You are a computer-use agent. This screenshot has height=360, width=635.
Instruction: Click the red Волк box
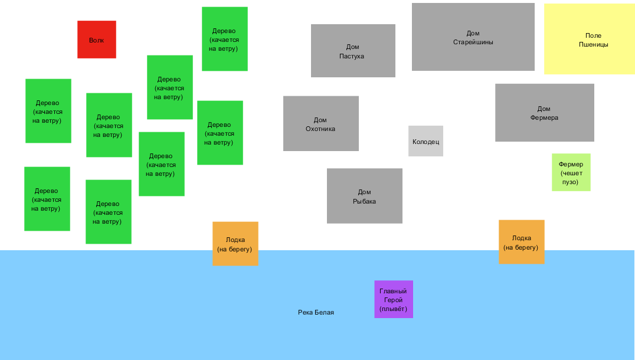[96, 40]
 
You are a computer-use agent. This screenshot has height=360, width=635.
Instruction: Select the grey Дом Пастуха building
[353, 51]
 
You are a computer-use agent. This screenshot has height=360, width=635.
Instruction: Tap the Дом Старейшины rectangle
[473, 37]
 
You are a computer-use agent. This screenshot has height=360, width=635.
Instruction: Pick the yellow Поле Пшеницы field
[589, 39]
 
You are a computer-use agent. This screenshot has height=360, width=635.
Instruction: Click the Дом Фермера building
[544, 113]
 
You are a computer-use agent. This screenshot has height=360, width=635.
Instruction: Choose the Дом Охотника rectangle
[320, 123]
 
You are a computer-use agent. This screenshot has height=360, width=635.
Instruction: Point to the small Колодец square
[425, 141]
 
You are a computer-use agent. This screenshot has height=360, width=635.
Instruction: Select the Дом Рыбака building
[364, 196]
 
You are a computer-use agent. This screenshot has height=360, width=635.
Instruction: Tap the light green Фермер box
[571, 172]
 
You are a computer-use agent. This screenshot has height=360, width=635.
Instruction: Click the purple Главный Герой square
[393, 299]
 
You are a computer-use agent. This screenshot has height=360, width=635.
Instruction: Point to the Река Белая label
[316, 312]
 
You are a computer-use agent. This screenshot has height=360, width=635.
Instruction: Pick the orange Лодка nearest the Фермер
[521, 242]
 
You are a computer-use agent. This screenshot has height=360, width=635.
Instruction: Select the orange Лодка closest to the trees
[235, 244]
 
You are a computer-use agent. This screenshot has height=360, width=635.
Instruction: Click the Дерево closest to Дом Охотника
[220, 133]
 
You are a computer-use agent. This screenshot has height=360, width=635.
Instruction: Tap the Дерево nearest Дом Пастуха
[224, 39]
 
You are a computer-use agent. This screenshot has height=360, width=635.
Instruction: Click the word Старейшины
[473, 42]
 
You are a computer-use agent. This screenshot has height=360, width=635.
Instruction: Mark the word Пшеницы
[593, 44]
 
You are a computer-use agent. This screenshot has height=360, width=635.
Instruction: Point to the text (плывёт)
[393, 309]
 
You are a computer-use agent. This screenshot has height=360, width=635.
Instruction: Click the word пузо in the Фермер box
[570, 182]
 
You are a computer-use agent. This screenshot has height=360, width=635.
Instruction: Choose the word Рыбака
[364, 202]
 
